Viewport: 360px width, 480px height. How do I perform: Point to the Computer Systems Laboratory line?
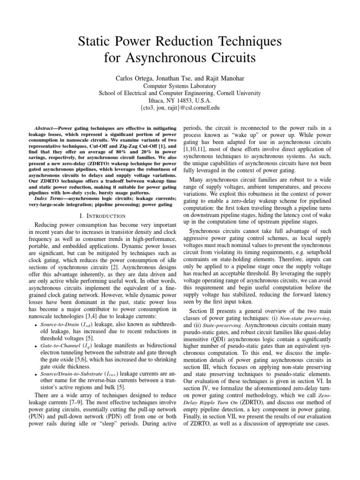click(180, 86)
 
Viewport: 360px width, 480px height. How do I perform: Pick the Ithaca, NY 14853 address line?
click(180, 100)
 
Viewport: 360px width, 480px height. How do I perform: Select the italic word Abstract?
click(46, 128)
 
